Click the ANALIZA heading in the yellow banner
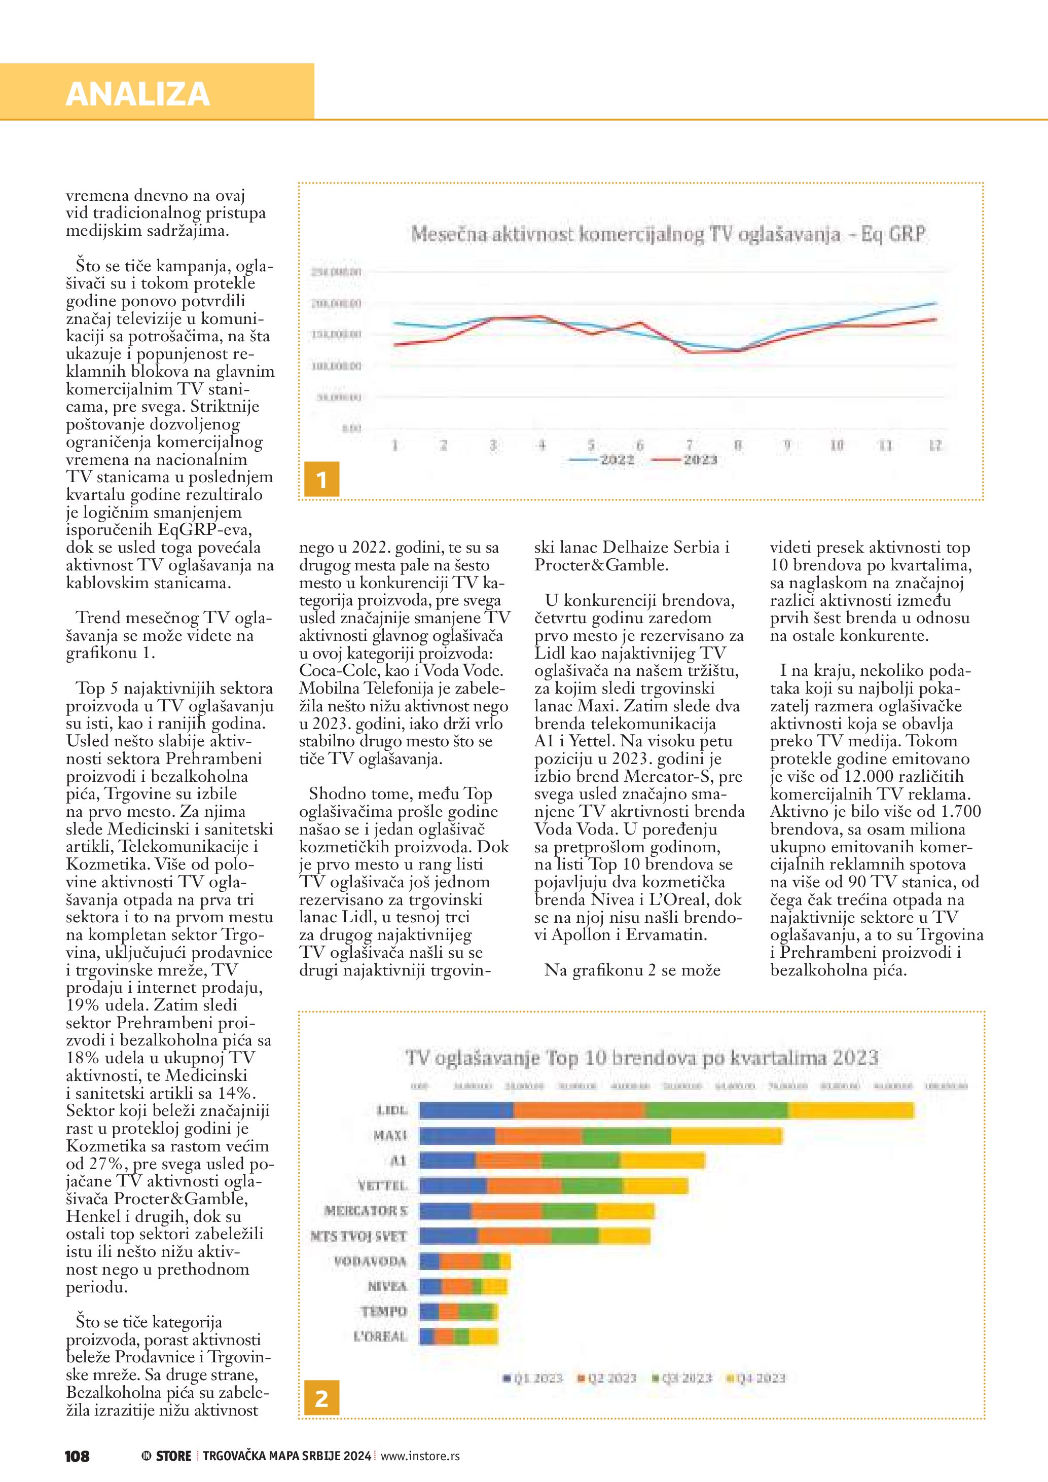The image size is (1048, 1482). point(137,94)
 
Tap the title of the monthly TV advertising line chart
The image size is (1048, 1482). point(668,234)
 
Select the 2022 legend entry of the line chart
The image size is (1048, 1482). point(617,459)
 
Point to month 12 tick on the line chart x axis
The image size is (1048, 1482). point(935,445)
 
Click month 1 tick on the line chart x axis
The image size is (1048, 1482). point(395,445)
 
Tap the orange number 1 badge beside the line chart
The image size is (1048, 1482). point(321,479)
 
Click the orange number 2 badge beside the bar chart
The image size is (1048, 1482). point(321,1398)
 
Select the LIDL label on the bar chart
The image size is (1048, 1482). point(392,1110)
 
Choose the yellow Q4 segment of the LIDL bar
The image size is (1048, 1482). point(851,1110)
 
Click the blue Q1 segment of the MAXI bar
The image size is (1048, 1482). point(457,1135)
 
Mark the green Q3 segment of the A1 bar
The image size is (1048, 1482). point(581,1161)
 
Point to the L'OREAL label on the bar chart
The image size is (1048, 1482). point(381,1336)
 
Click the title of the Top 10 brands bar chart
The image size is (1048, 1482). point(642,1058)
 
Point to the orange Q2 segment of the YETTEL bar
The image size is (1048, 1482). point(524,1186)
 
